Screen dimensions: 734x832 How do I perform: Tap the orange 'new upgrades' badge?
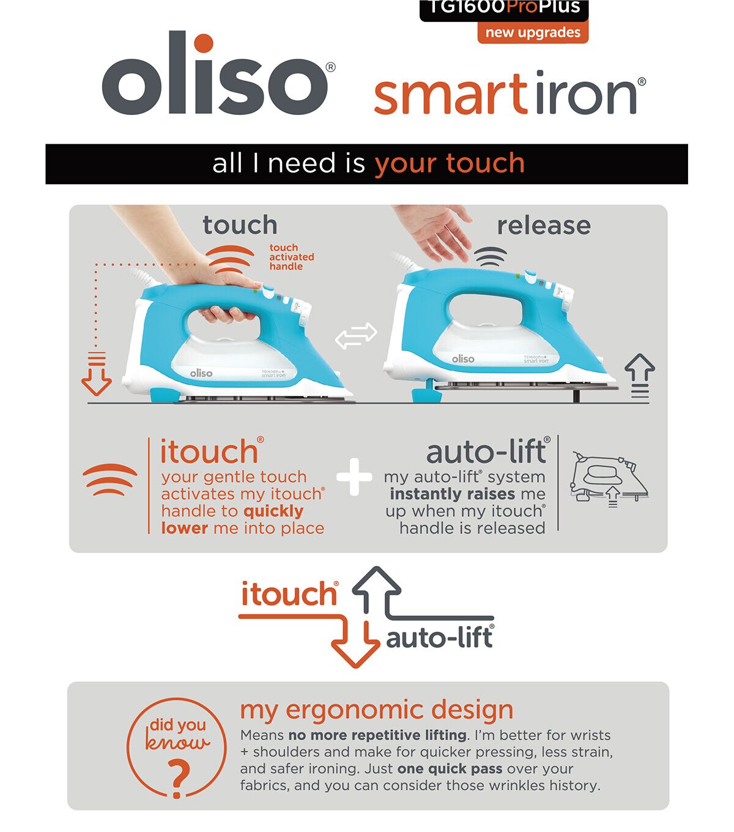[x=533, y=32]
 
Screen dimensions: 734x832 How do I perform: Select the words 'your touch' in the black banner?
[x=450, y=164]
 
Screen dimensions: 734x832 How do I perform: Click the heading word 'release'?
[x=544, y=226]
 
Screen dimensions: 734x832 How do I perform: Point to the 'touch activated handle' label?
[x=292, y=257]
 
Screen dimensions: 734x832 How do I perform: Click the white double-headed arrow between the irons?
[x=356, y=335]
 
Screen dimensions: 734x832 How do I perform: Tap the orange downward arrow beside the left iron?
[x=97, y=373]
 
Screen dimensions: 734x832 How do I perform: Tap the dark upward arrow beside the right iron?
[x=640, y=376]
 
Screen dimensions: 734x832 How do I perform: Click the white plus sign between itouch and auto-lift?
[x=355, y=477]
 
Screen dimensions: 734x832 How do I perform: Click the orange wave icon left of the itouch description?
[x=109, y=480]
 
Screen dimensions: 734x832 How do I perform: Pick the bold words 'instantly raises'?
[x=452, y=494]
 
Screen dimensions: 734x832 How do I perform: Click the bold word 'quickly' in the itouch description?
[x=273, y=511]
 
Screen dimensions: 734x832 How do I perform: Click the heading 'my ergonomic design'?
[x=377, y=710]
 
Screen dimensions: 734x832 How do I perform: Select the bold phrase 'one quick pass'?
[x=450, y=768]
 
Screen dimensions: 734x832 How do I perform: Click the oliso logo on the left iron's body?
[x=201, y=373]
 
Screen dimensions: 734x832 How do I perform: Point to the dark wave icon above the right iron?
[x=491, y=257]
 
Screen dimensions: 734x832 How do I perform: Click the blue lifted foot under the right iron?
[x=428, y=393]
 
